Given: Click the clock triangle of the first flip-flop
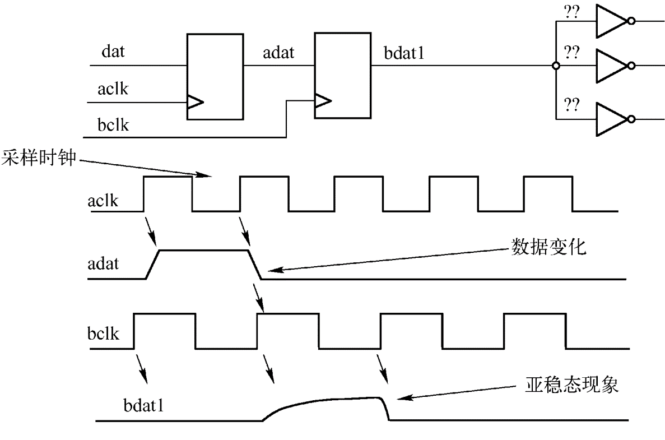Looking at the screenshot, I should click(195, 102).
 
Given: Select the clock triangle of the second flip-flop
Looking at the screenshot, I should click(323, 101).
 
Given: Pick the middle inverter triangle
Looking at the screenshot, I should click(612, 66).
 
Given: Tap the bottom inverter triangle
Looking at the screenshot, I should click(612, 119).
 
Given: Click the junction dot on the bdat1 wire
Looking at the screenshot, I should click(555, 66).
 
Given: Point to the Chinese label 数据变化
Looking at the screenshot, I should click(548, 247).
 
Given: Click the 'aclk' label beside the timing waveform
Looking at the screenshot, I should click(103, 200).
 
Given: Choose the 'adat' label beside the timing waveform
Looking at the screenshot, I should click(103, 263).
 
